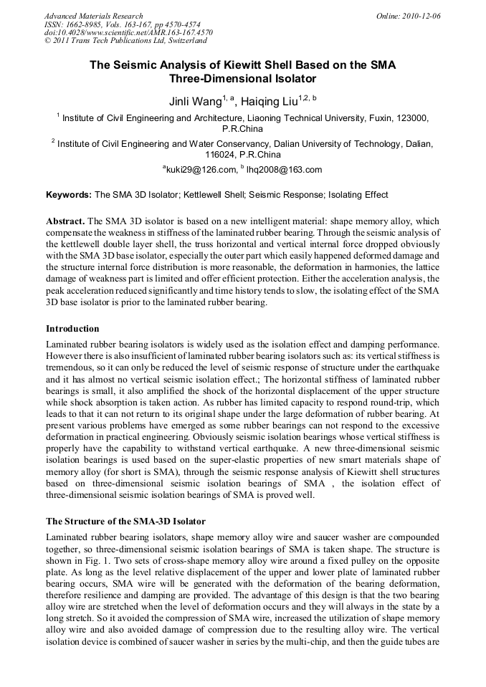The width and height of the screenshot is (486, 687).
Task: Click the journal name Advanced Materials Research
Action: coord(93,16)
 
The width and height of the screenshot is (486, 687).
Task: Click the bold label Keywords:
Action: coord(69,195)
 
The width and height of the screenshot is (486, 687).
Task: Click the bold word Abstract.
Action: coord(65,221)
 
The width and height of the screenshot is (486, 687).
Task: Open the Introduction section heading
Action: coord(72,329)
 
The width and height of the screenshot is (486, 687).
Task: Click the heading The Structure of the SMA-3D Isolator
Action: coord(125,521)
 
